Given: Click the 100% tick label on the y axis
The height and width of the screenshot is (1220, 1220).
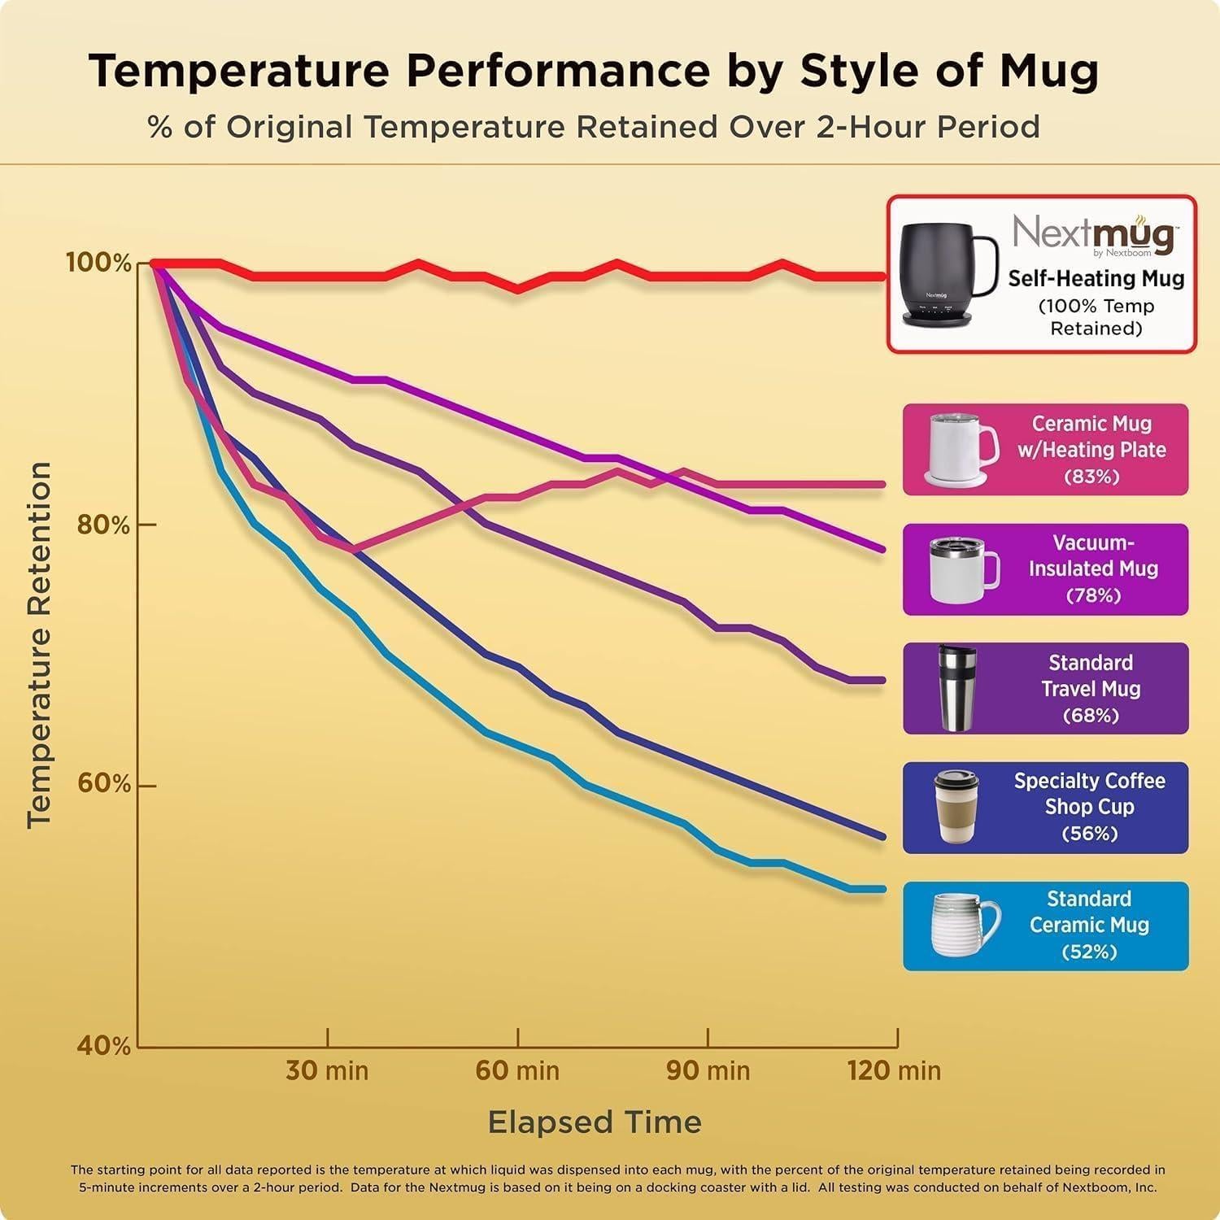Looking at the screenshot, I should point(98,264).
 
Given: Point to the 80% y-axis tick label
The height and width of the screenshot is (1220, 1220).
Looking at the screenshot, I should point(103,525).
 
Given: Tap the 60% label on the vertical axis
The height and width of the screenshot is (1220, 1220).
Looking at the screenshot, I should point(103,784).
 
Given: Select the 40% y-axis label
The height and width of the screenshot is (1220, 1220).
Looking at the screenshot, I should point(103,1046).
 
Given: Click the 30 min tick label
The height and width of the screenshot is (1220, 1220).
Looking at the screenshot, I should point(327,1070).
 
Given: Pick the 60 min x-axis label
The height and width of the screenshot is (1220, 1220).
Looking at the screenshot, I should point(517,1070).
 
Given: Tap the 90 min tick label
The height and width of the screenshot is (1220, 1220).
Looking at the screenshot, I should point(708,1070).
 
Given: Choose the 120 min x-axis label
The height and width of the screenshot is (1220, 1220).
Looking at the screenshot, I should point(894,1070).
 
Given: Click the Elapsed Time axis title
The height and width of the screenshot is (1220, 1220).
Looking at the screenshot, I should point(595,1122).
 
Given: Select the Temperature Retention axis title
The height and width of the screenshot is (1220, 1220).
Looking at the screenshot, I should point(39,645).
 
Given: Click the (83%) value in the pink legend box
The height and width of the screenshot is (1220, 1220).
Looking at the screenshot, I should point(1091,477).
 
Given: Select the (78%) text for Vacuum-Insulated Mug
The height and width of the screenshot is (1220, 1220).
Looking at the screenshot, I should point(1093,596).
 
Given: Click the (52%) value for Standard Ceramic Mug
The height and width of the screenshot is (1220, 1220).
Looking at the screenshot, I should point(1089,952).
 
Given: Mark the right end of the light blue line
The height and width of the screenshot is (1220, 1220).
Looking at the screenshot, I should point(883,889).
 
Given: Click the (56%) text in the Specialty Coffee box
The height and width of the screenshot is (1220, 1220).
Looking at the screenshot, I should point(1089,834).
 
